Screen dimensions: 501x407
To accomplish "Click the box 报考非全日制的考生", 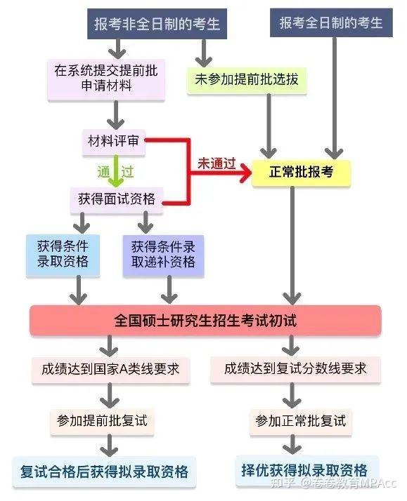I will pos(157,24).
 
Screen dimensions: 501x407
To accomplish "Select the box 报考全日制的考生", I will pos(331,23).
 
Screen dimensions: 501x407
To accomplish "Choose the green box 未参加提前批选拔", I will pos(246,79).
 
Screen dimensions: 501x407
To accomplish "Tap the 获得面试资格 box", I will pos(117,199).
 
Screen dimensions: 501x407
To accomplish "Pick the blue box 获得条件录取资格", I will pos(63,254).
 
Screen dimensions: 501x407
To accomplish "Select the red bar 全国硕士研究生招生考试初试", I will pos(205,321).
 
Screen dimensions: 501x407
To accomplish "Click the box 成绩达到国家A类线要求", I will pos(110,368).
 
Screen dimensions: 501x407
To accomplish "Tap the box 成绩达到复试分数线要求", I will pos(295,368).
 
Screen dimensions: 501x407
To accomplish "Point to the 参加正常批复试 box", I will pos(300,421).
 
